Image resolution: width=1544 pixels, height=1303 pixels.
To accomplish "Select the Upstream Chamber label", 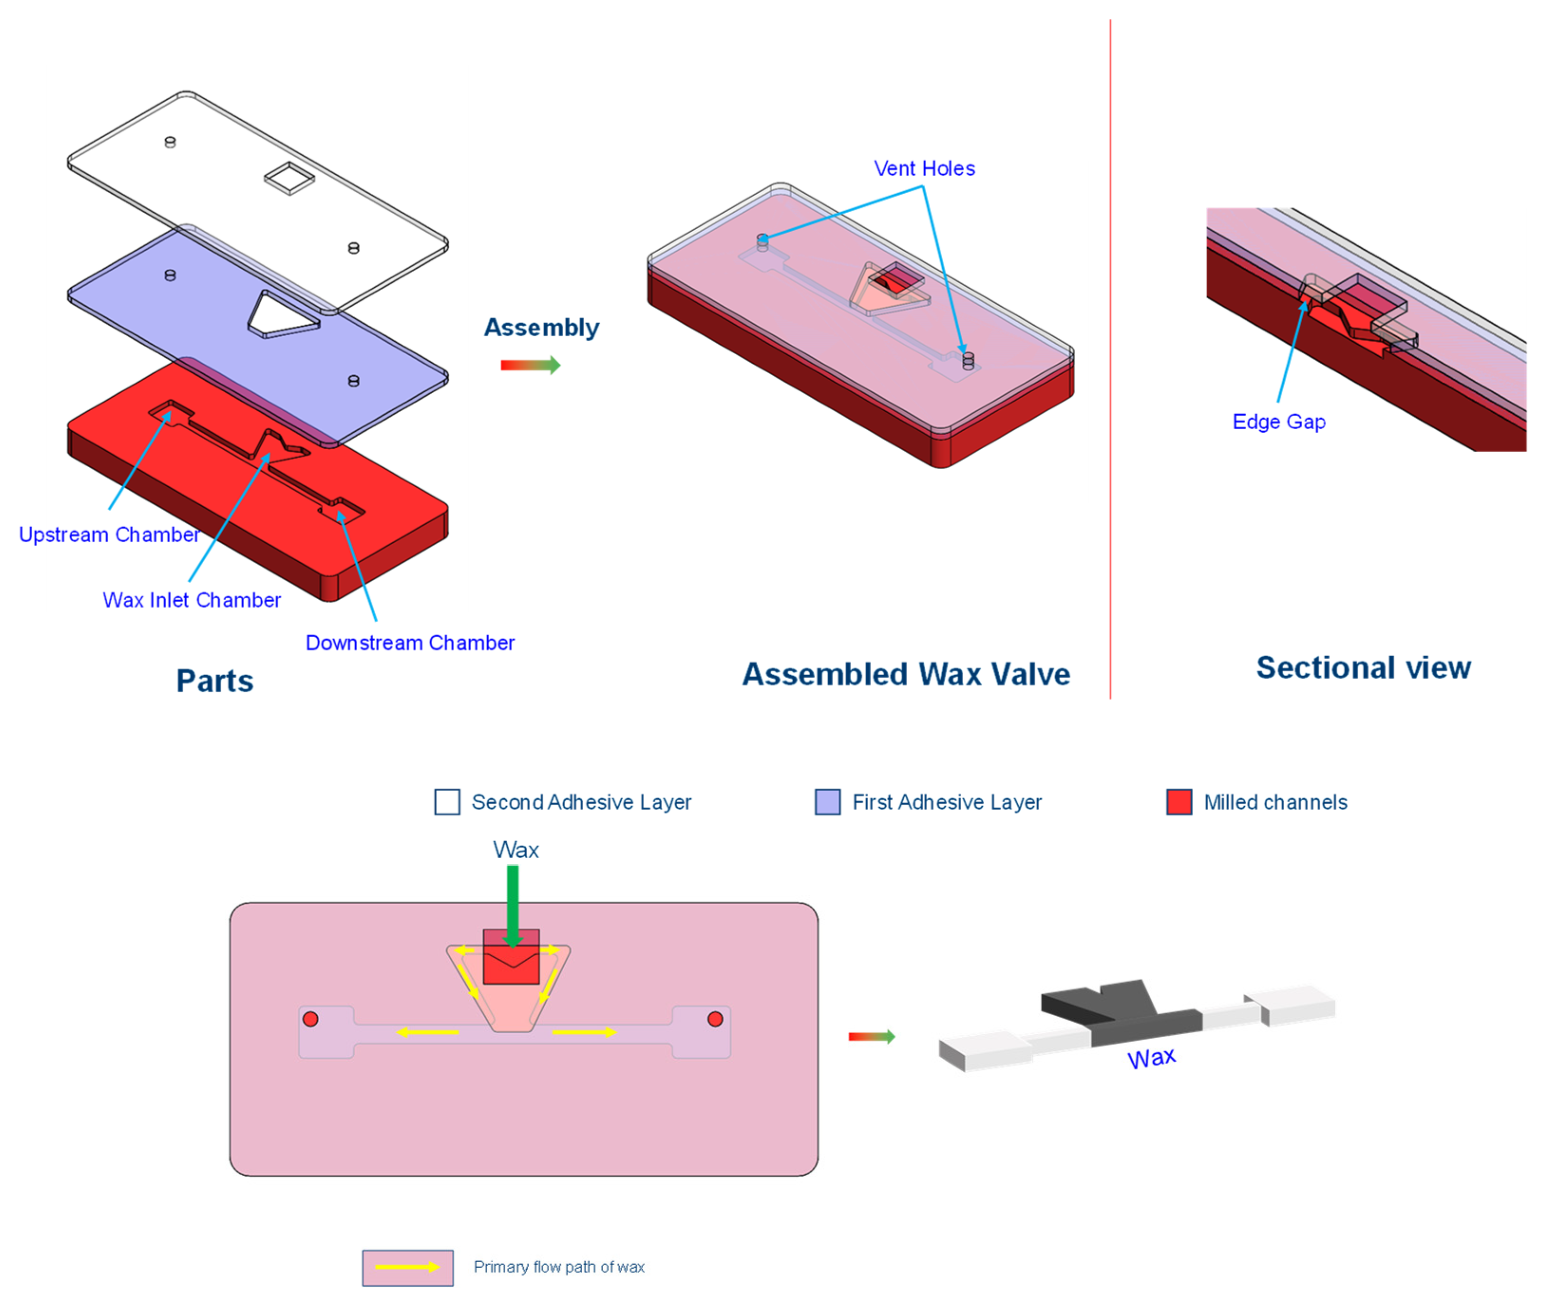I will (109, 534).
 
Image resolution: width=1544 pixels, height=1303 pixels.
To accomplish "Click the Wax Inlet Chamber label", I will (191, 600).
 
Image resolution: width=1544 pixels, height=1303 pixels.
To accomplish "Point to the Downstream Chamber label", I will (409, 642).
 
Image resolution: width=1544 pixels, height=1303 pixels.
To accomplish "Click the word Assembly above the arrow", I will (541, 327).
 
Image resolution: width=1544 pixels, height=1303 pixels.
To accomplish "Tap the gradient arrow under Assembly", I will (530, 365).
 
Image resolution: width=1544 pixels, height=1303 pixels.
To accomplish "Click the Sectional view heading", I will (1363, 668).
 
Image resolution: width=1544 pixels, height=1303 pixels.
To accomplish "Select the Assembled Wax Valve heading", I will (906, 674).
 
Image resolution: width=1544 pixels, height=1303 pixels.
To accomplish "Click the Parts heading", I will (214, 681).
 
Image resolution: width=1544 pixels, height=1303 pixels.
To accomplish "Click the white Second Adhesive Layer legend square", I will (447, 802).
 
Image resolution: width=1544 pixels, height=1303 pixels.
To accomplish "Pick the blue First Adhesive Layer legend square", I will (827, 802).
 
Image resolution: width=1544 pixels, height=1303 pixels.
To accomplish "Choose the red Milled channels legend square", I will (1179, 802).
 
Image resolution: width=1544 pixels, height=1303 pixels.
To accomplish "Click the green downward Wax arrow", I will (513, 905).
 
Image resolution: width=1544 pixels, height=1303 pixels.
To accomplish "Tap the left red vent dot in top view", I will (310, 1020).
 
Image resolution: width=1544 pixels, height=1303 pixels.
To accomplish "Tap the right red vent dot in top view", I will (715, 1020).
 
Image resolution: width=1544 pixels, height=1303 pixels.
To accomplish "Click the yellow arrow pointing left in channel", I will (428, 1032).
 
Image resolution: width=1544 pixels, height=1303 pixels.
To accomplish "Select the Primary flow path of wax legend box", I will (408, 1267).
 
